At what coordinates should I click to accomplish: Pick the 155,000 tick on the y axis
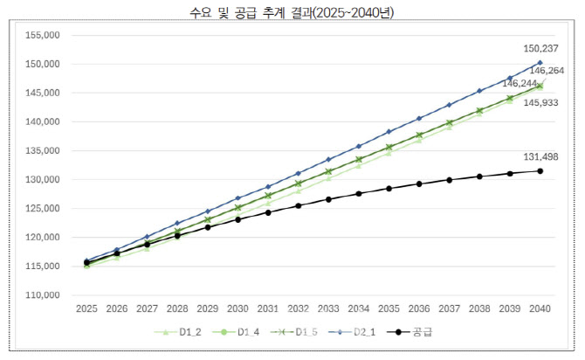tap(41, 36)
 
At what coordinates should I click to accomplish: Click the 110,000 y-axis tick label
tap(41, 295)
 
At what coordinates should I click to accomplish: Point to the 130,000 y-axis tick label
tap(41, 180)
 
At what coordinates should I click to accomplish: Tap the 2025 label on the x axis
tap(86, 309)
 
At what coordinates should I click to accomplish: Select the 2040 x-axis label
tap(540, 309)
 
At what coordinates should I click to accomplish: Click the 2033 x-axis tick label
tap(328, 309)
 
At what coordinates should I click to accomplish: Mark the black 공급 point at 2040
tap(540, 170)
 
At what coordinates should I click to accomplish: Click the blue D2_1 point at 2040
tap(540, 63)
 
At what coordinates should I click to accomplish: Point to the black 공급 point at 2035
tap(389, 188)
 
